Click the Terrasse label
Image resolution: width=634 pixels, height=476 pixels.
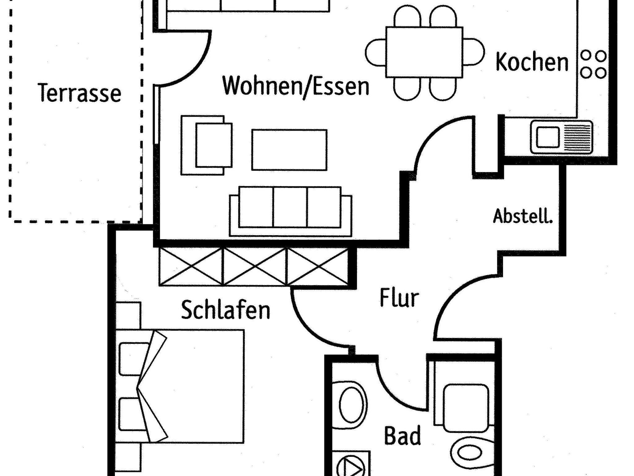(80, 93)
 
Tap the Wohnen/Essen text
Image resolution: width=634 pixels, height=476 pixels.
(296, 86)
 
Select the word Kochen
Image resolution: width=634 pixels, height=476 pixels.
(532, 63)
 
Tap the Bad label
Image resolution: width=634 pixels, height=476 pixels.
(402, 436)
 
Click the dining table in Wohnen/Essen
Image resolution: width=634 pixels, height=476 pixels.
(424, 52)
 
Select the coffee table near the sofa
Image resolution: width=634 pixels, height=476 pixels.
(289, 150)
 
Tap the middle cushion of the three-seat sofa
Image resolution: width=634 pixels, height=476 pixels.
(290, 207)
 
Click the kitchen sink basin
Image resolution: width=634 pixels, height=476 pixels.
(548, 137)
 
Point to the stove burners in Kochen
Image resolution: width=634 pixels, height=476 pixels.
(593, 64)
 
